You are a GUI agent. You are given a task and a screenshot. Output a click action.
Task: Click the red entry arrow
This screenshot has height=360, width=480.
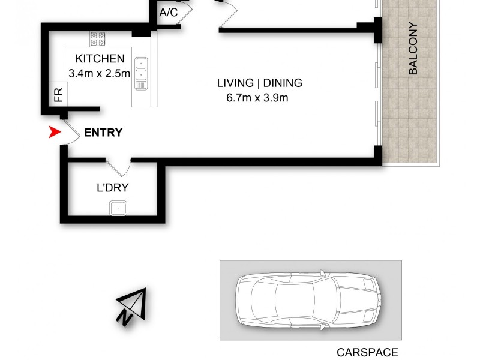[54, 133]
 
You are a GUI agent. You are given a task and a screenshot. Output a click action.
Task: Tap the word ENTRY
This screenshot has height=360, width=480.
[103, 133]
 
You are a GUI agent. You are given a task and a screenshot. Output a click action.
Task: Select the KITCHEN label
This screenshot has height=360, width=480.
[100, 59]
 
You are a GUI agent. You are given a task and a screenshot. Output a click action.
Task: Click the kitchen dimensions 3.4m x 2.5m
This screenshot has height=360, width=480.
[100, 74]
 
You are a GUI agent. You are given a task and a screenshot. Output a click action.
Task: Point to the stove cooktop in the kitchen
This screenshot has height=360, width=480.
[98, 39]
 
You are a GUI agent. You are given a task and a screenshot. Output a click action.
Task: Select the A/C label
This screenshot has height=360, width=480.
[169, 13]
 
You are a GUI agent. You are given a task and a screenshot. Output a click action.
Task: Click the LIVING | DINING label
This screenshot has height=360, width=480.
[259, 83]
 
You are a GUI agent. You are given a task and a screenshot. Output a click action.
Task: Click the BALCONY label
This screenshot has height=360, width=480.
[413, 49]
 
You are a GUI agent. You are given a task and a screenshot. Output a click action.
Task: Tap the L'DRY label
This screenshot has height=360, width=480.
[113, 188]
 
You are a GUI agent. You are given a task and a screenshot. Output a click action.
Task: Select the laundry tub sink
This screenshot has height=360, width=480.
[118, 208]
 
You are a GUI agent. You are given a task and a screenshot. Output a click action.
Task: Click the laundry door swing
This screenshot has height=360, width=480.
[119, 167]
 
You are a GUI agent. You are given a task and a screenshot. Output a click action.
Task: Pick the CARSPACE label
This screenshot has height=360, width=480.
[367, 353]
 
